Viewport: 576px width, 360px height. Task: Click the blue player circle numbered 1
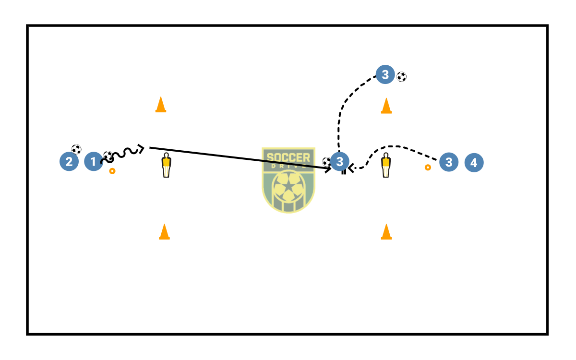click(x=93, y=162)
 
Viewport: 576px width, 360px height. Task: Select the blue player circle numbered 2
click(x=69, y=162)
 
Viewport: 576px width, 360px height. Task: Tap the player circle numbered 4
click(x=474, y=163)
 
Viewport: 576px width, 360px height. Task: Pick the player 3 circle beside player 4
click(x=448, y=162)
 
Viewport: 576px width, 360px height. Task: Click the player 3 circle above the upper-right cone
click(x=385, y=74)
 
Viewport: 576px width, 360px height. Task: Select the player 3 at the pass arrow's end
click(x=340, y=162)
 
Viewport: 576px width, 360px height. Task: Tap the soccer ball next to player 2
click(x=76, y=149)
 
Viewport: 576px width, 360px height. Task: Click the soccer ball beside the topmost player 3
click(x=401, y=76)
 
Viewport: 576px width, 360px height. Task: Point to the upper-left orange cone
click(x=161, y=105)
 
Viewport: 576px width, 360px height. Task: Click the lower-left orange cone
click(x=164, y=231)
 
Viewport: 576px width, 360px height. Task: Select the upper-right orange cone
click(x=386, y=106)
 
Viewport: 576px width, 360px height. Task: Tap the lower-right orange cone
click(x=386, y=231)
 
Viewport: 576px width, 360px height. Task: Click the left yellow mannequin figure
click(x=166, y=165)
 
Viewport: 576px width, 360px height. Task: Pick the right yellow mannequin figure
click(x=386, y=165)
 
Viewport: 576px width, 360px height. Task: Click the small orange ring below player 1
click(x=112, y=171)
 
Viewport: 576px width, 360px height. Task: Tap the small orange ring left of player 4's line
click(x=428, y=168)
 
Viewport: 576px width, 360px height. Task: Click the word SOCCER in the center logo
click(x=288, y=157)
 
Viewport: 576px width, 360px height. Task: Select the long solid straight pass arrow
click(x=240, y=158)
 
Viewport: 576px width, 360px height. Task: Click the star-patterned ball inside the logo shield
click(x=288, y=190)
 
